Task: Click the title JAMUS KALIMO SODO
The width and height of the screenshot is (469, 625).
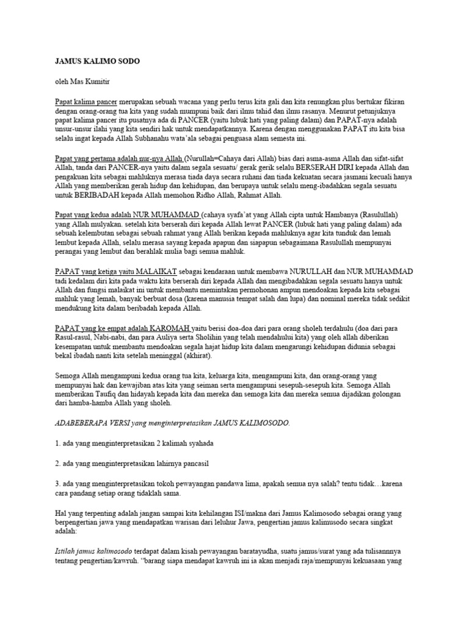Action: click(x=98, y=62)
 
